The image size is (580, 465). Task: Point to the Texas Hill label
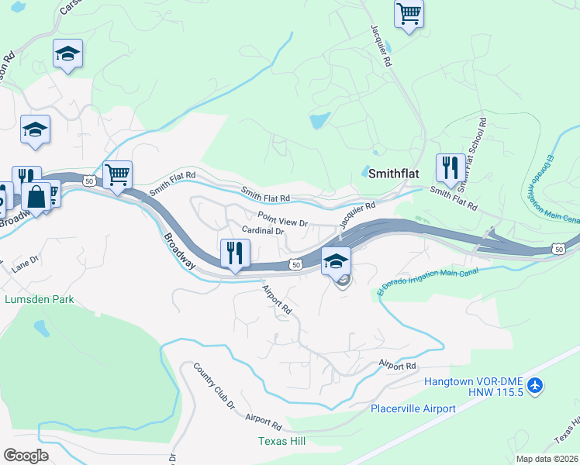pos(281,441)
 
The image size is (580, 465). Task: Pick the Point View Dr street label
pos(283,222)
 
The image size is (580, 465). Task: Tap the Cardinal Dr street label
pos(263,230)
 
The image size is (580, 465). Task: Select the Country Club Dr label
pos(214,386)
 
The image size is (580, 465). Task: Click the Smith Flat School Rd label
pos(471,154)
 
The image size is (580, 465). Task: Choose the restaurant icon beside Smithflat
pos(450,166)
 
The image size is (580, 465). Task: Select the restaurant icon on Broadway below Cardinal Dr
pos(235,252)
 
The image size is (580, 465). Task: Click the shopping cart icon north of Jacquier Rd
pos(409,12)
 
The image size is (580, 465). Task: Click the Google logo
pos(26,455)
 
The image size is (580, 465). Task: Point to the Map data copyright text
pos(547,459)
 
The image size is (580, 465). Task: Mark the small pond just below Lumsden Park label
pos(40,328)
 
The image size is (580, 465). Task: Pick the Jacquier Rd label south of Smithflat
pos(357,211)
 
